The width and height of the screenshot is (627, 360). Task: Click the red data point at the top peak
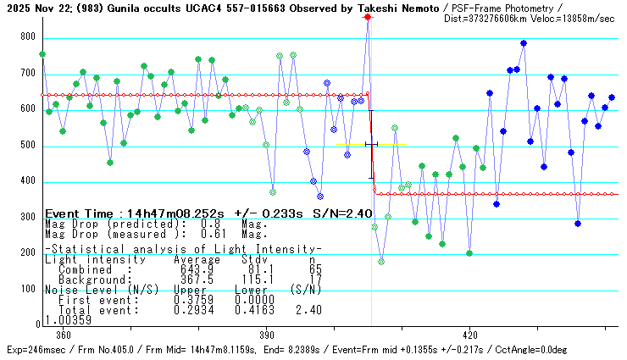pyautogui.click(x=368, y=16)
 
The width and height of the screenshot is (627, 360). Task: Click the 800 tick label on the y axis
pyautogui.click(x=30, y=37)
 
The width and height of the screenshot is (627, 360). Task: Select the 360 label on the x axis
pyautogui.click(x=62, y=334)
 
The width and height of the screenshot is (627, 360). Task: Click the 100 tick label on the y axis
pyautogui.click(x=30, y=289)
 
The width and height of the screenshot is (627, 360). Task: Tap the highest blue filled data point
pyautogui.click(x=524, y=43)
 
